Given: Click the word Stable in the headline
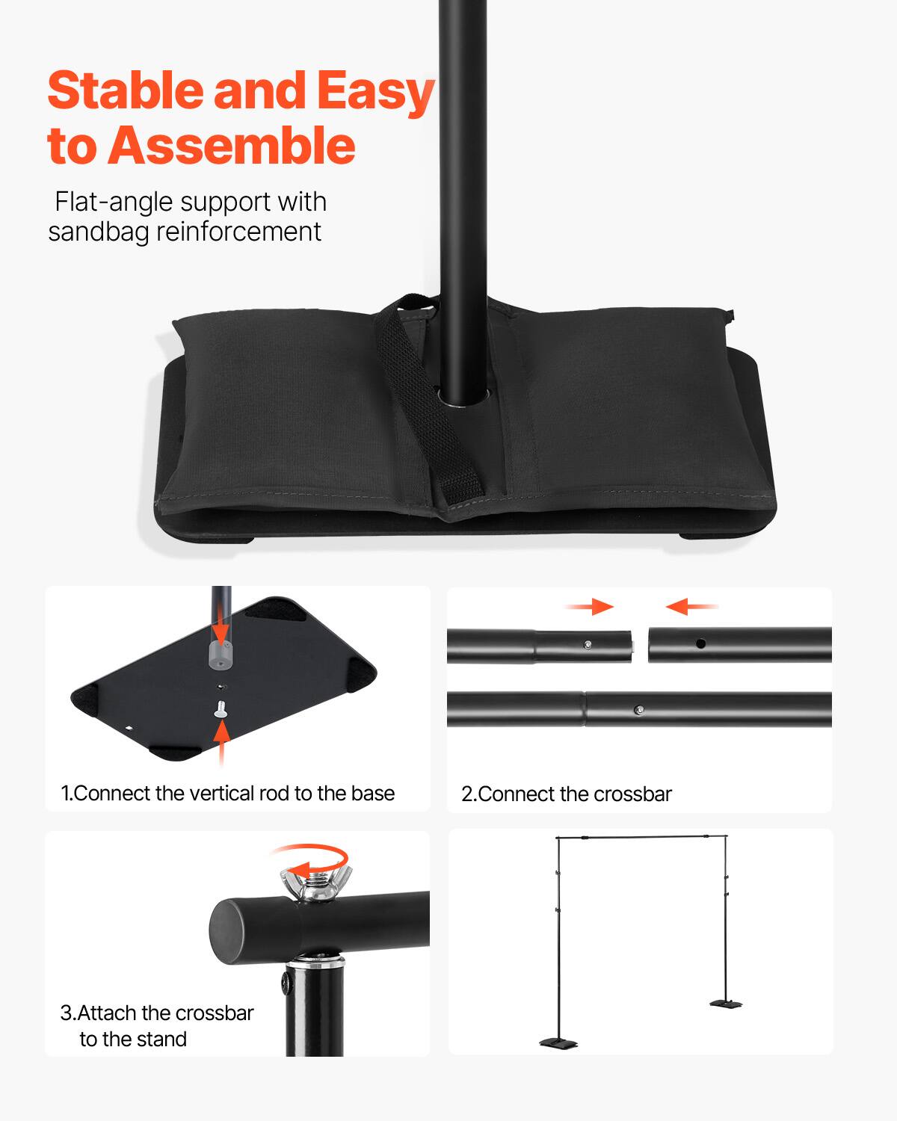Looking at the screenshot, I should (125, 91).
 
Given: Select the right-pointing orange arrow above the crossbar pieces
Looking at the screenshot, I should (590, 607).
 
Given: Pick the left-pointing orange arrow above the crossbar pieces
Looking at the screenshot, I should (691, 607).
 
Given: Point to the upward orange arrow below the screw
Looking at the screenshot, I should (221, 742).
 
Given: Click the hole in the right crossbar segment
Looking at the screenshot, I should (700, 643).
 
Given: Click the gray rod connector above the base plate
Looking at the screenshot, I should (221, 655).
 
